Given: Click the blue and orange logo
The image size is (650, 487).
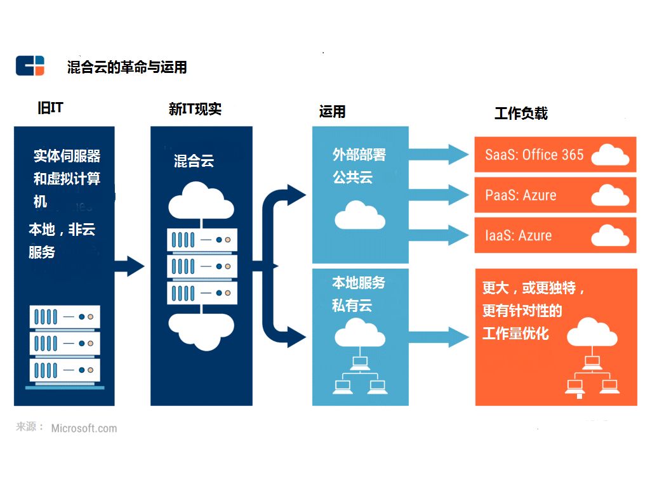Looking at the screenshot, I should coord(30,66).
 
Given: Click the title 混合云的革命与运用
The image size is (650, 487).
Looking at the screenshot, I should coord(127,67).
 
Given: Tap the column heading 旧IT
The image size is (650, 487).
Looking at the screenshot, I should coord(50,108).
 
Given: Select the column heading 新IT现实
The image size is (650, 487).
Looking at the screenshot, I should coord(195,109).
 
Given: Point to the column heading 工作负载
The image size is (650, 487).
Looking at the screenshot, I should coord(521,114).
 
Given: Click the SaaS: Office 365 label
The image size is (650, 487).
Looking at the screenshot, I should coord(534,155).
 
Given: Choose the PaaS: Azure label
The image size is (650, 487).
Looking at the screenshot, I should coord(521,195).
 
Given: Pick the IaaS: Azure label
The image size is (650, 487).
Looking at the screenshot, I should coord(518,236).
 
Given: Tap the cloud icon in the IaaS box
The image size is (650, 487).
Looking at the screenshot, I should coord(610,236).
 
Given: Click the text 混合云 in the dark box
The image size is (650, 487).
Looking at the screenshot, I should coord(194,161).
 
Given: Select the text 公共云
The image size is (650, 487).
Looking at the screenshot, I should coord(352,178).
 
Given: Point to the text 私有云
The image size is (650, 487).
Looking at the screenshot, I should coord(352,306).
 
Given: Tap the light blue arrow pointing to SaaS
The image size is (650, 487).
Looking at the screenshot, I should coord(438,154).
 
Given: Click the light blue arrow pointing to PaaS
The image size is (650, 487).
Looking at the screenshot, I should coord(438,195).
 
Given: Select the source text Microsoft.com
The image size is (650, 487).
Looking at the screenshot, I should coord(84,428).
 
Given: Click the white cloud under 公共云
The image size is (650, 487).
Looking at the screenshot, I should coord(359,215).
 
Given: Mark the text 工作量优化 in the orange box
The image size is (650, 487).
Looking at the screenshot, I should coord(515,334).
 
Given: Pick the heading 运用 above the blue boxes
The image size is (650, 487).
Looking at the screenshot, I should coord(332,112).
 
